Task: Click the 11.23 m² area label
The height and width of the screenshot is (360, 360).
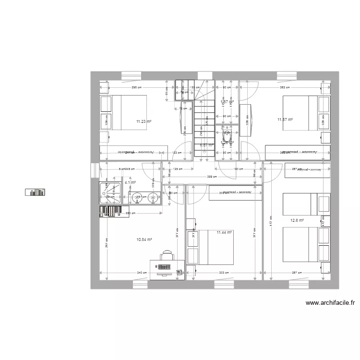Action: (144, 122)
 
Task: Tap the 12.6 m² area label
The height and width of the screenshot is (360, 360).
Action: (298, 221)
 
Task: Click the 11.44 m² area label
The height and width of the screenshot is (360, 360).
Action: (224, 232)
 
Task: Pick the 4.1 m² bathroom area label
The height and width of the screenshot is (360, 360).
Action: (130, 183)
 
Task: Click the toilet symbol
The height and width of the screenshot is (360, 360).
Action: (227, 135)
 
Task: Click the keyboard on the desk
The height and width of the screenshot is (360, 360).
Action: (165, 267)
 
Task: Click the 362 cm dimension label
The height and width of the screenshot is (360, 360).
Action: (285, 88)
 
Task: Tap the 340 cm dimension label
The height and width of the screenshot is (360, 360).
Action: (142, 273)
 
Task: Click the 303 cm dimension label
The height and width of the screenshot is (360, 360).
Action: (223, 273)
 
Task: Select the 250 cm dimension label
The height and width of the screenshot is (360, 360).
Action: (128, 213)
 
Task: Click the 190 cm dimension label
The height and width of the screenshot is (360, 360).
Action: (236, 169)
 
